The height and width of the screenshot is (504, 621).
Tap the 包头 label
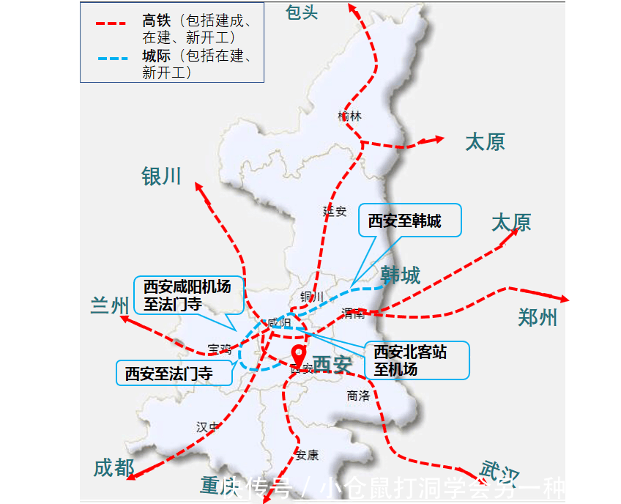tap(302, 12)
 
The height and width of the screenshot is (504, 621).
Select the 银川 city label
tap(161, 176)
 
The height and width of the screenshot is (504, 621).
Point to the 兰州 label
tap(110, 305)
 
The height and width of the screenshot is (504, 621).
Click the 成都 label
tap(114, 467)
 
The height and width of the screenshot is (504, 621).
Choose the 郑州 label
tap(538, 317)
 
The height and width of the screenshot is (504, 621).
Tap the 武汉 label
tap(499, 471)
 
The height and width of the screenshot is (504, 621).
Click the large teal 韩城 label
tap(401, 275)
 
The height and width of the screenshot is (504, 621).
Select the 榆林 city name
tap(350, 116)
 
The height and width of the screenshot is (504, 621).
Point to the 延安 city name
tap(335, 211)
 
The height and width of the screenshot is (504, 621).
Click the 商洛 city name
tap(359, 396)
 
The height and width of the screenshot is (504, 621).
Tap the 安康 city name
tap(308, 455)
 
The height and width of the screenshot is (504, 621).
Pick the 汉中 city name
tap(207, 426)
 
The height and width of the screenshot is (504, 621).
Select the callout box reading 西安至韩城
tap(409, 220)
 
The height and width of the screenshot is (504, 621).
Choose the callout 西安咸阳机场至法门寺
tap(190, 294)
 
